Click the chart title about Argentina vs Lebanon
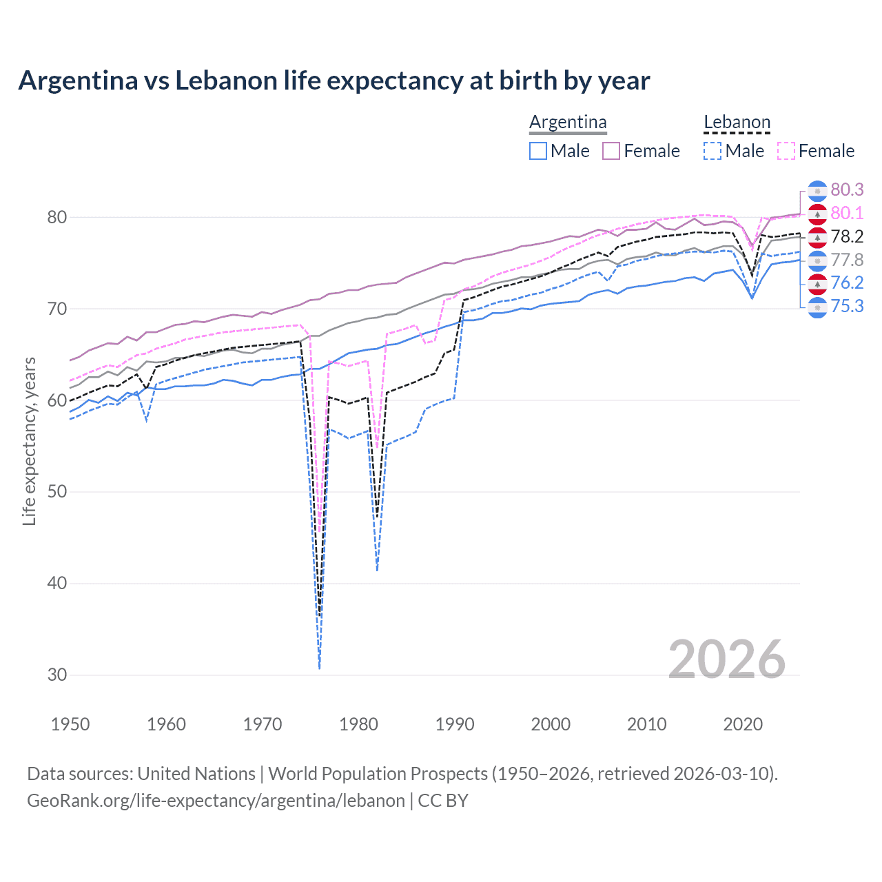point(334,81)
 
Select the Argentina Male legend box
point(538,151)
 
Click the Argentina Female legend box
point(611,151)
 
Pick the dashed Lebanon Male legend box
point(712,151)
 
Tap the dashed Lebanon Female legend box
point(786,151)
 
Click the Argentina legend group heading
point(568,123)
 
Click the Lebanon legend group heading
point(737,123)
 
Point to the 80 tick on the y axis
point(57,217)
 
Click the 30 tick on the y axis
point(57,675)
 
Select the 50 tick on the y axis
point(57,492)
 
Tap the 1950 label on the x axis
point(70,724)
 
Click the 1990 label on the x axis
point(455,724)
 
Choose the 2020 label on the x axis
point(743,724)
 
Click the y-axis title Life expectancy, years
point(30,441)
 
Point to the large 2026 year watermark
point(726,659)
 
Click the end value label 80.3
point(847,190)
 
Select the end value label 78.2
point(847,236)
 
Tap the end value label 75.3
point(847,306)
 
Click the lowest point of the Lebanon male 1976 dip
point(320,668)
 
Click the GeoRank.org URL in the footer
point(216,801)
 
